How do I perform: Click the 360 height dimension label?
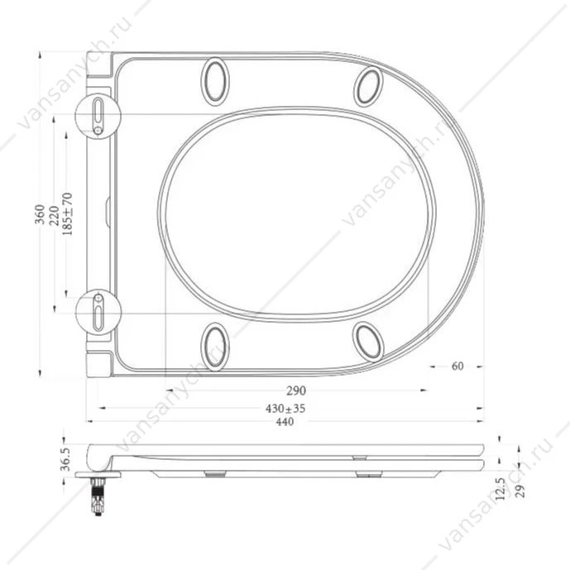40,214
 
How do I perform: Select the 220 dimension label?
54,216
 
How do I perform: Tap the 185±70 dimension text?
68,213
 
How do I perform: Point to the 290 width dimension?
296,390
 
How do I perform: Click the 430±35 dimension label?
285,409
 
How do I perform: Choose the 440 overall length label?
285,422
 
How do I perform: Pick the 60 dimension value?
457,366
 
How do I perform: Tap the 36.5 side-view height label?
66,459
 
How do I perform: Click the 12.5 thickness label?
501,489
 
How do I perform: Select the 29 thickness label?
520,491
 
